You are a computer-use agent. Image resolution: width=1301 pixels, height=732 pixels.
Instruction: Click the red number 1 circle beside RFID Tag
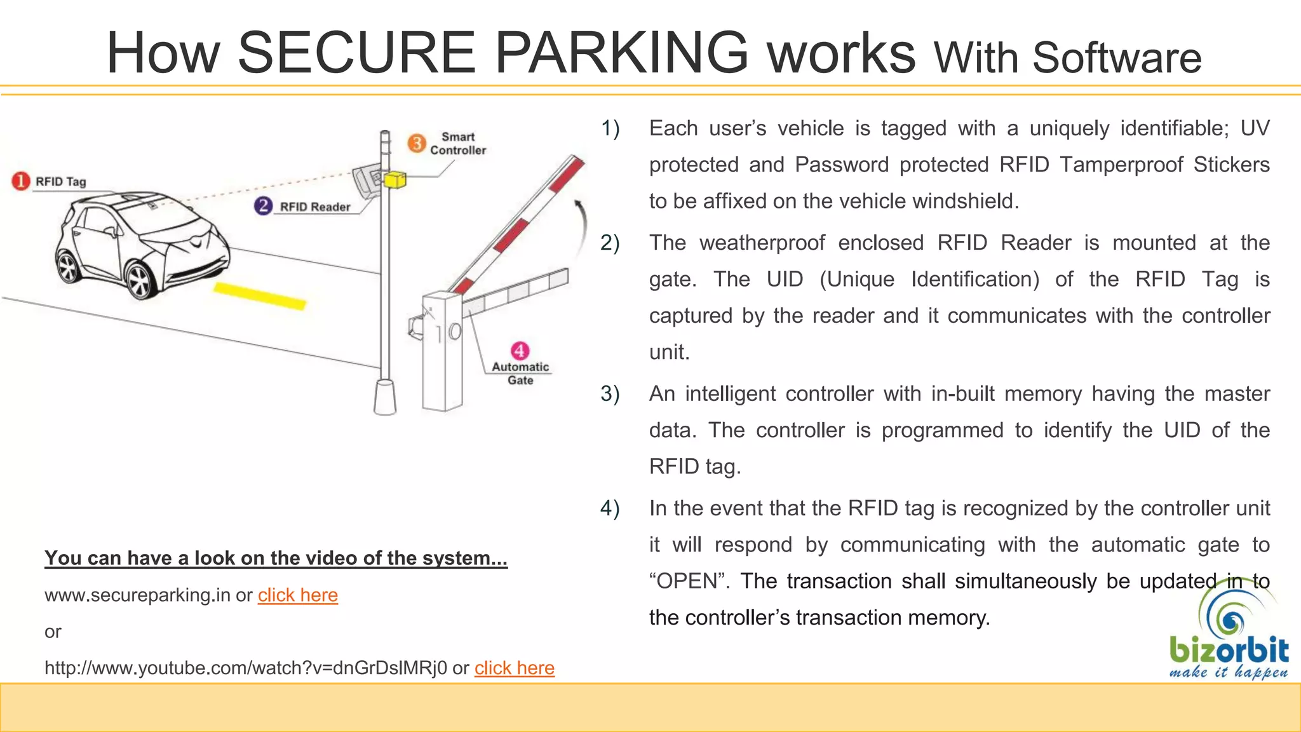pyautogui.click(x=20, y=181)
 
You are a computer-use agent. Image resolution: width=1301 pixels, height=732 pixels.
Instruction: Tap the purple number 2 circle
pyautogui.click(x=263, y=206)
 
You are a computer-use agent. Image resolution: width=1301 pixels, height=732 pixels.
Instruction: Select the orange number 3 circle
pyautogui.click(x=416, y=143)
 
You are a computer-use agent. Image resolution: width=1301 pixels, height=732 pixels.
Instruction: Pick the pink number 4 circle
pyautogui.click(x=520, y=351)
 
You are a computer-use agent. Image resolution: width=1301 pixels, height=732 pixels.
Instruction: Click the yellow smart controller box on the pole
pyautogui.click(x=394, y=180)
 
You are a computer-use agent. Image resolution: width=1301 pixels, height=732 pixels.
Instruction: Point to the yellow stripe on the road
pyautogui.click(x=260, y=296)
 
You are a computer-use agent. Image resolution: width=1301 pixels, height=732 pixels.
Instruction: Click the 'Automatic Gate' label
pyautogui.click(x=520, y=374)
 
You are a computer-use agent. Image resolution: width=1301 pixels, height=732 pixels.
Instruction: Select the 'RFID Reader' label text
pyautogui.click(x=315, y=207)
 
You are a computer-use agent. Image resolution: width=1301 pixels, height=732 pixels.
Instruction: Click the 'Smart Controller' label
pyautogui.click(x=458, y=144)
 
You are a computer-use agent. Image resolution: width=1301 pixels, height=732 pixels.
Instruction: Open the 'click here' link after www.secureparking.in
pyautogui.click(x=297, y=595)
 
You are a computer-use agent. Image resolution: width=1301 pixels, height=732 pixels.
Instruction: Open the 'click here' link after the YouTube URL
pyautogui.click(x=514, y=668)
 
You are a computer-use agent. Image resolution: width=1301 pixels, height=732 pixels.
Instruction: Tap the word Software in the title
pyautogui.click(x=1117, y=58)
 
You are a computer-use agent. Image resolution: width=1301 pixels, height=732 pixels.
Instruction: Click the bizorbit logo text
pyautogui.click(x=1228, y=651)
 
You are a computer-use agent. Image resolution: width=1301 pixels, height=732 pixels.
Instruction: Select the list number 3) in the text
pyautogui.click(x=610, y=394)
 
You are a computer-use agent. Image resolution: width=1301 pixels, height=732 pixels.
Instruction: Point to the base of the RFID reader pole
pyautogui.click(x=384, y=397)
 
